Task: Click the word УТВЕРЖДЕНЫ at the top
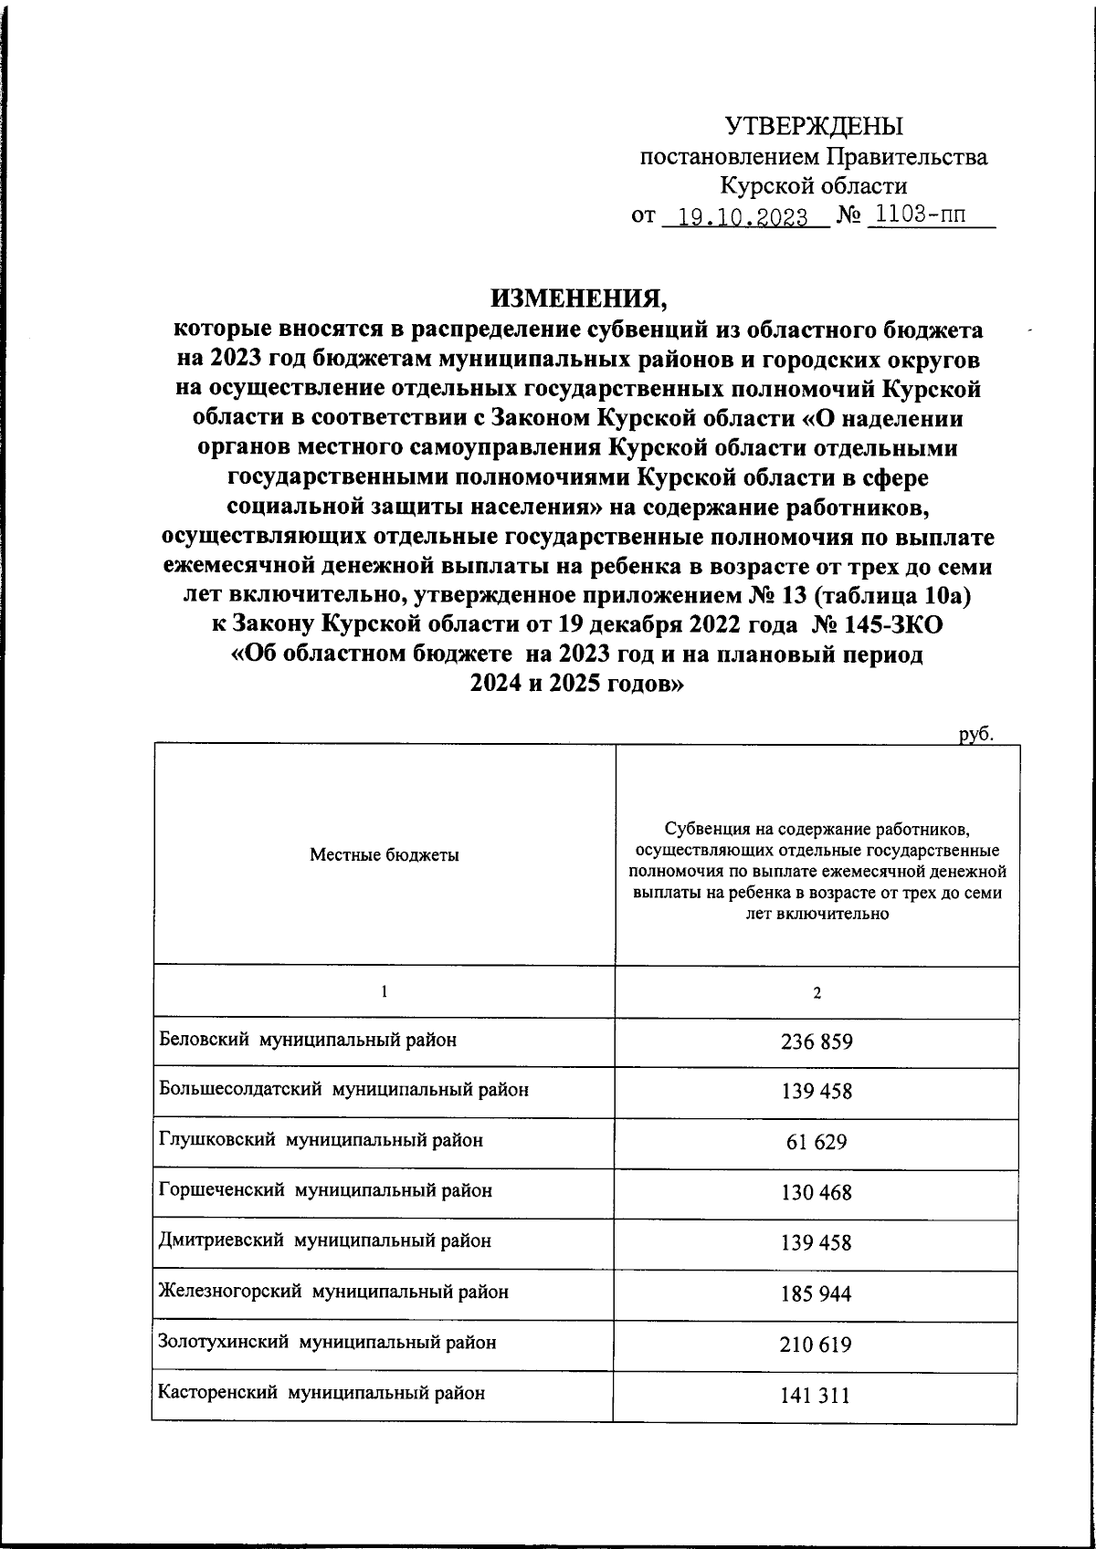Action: point(813,126)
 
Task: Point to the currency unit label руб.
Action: point(975,733)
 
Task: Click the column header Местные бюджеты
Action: point(385,855)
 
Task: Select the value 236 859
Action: point(817,1041)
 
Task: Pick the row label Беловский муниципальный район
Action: point(307,1040)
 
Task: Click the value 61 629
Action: point(817,1142)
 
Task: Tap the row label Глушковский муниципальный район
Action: point(321,1140)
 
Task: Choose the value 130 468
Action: point(817,1192)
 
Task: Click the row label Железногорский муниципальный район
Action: point(333,1292)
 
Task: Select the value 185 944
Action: point(817,1293)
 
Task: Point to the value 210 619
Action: point(817,1345)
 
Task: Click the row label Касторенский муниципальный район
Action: point(321,1393)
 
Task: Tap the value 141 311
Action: point(817,1395)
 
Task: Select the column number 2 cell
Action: point(817,993)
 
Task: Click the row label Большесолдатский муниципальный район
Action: point(343,1090)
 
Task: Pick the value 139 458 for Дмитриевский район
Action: point(817,1243)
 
